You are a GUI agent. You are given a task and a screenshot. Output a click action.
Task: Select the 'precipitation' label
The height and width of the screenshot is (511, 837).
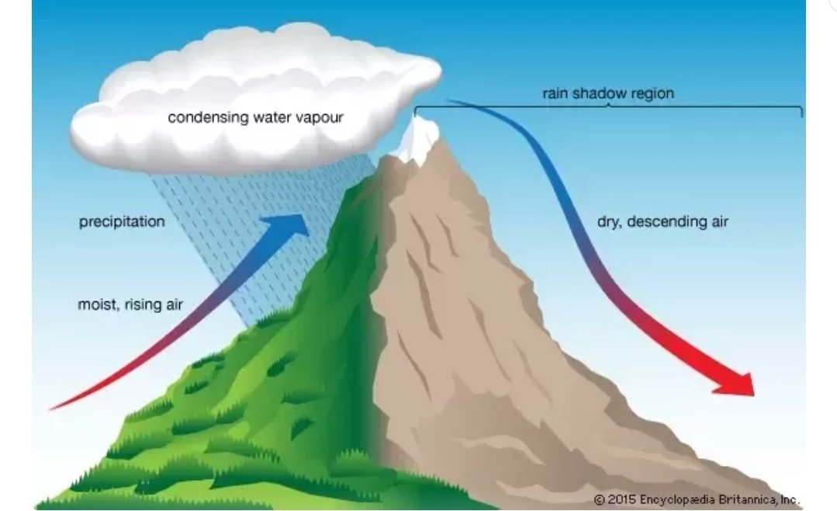point(122,222)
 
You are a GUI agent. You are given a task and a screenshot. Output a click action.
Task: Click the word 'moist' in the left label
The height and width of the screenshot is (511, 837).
point(97,304)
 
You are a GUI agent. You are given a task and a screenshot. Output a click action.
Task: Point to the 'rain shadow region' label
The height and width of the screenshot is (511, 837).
point(608,93)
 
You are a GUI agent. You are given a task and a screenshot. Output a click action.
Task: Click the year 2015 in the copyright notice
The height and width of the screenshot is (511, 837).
point(622,499)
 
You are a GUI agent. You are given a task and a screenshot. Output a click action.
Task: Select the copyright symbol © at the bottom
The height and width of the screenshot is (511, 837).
point(600,499)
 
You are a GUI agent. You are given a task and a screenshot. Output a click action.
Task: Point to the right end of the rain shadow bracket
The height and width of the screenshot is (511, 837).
point(801,112)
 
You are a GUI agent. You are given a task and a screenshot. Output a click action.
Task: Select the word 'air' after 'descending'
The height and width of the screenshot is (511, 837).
point(718,222)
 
